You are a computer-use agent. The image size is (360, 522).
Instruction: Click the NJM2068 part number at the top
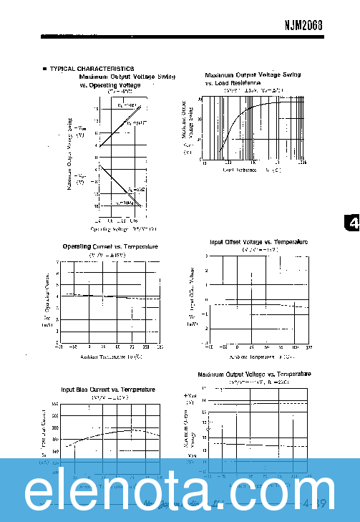[x=303, y=23]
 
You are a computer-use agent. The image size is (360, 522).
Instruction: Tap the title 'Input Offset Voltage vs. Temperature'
[x=258, y=242]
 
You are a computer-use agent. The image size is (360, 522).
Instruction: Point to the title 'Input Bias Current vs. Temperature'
[x=107, y=389]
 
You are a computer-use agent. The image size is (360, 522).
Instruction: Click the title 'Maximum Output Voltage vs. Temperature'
[x=254, y=374]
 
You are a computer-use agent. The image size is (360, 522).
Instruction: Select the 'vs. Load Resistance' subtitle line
[x=232, y=83]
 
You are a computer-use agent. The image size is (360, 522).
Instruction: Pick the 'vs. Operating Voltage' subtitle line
[x=110, y=84]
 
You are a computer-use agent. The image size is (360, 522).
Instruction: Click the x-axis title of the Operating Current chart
[x=111, y=356]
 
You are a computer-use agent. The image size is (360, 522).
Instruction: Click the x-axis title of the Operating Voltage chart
[x=122, y=229]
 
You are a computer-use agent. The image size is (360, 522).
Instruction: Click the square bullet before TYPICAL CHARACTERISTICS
[x=45, y=69]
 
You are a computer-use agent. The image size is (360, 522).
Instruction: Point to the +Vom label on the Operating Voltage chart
[x=81, y=130]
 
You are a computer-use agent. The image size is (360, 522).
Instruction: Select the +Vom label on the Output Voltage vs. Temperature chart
[x=190, y=396]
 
